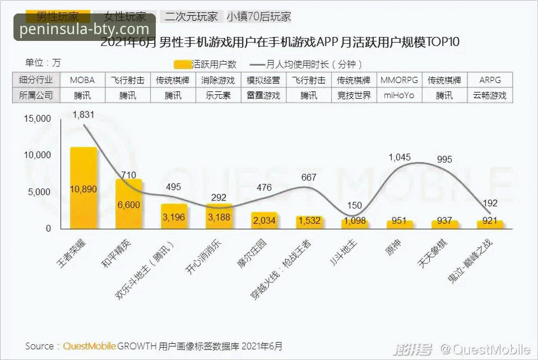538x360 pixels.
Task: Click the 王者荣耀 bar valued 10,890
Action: point(84,188)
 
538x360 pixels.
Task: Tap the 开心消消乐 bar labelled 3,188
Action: point(219,216)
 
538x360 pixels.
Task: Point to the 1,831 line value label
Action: point(83,115)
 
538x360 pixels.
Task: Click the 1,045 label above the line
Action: point(400,158)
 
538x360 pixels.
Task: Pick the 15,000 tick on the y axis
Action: point(37,119)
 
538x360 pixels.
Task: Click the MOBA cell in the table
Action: point(82,80)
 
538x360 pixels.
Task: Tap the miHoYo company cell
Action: point(399,95)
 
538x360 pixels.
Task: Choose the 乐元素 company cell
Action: point(219,95)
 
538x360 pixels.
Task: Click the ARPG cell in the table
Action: point(490,80)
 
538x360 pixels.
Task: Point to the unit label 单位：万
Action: point(43,62)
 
